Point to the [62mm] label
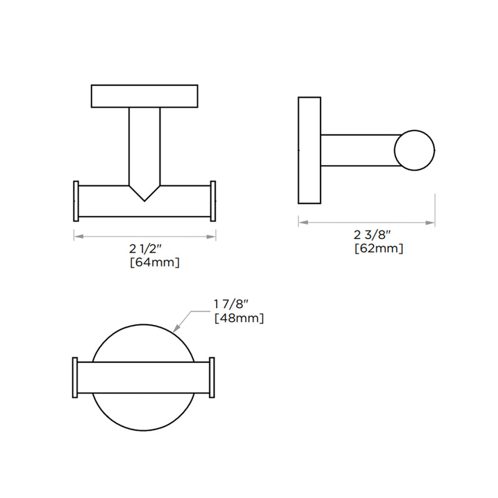[378, 248]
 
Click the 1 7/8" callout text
[231, 305]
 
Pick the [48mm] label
[238, 318]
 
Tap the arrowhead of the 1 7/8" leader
[177, 327]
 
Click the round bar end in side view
[414, 149]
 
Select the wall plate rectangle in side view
[309, 150]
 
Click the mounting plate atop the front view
[144, 95]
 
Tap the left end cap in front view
[77, 201]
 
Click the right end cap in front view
[213, 201]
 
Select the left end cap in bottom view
[75, 378]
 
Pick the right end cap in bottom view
[212, 378]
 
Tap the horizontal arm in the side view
[358, 150]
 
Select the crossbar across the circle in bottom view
[144, 378]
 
